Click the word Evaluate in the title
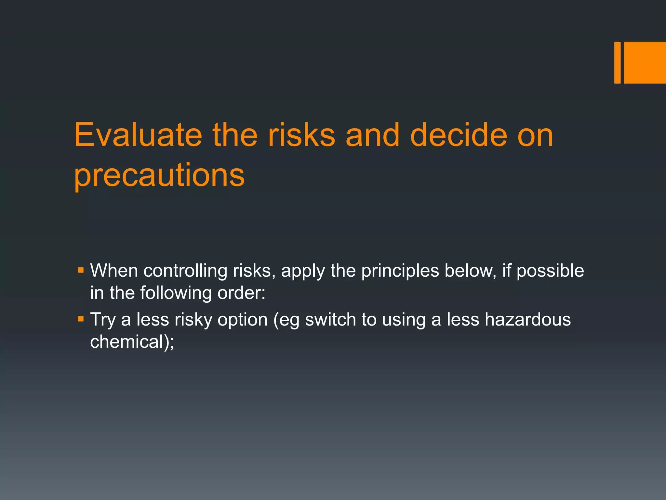pyautogui.click(x=138, y=135)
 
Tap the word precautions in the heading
pyautogui.click(x=159, y=175)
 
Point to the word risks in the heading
pyautogui.click(x=301, y=135)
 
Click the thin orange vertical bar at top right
pyautogui.click(x=617, y=62)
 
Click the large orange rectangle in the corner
pyautogui.click(x=645, y=62)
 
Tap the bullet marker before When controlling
pyautogui.click(x=81, y=270)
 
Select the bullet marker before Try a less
pyautogui.click(x=81, y=319)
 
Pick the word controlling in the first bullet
pyautogui.click(x=185, y=271)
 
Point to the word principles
pyautogui.click(x=400, y=271)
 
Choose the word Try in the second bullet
pyautogui.click(x=103, y=320)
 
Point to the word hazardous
pyautogui.click(x=527, y=320)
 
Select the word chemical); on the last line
pyautogui.click(x=132, y=342)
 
